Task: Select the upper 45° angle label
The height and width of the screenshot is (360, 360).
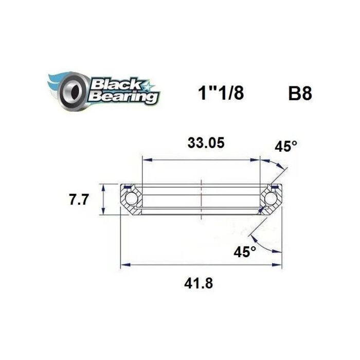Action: [x=286, y=147]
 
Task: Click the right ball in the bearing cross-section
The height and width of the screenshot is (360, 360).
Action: [x=270, y=198]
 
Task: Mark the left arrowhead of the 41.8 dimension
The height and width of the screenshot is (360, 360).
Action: [x=124, y=265]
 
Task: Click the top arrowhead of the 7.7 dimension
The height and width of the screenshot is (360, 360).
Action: [x=104, y=186]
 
